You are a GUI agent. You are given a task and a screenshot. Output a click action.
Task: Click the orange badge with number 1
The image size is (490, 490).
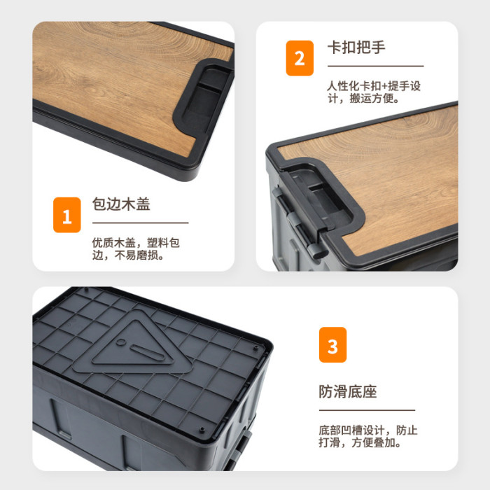[x=67, y=215]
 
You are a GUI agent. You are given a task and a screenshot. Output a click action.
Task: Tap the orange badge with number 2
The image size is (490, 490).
[x=300, y=58]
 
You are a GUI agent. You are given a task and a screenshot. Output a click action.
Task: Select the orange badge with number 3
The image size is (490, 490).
[x=332, y=344]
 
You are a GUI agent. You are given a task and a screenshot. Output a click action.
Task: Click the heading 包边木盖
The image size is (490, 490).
[x=121, y=204]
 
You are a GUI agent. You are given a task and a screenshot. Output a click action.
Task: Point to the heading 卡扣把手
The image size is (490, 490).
[x=356, y=48]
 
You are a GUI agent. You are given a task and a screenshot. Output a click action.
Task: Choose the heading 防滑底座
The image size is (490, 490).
[x=348, y=391]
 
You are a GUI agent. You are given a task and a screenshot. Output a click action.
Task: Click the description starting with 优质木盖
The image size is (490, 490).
[x=136, y=249]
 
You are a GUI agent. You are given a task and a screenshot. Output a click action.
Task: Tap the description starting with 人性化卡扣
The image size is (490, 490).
[x=374, y=92]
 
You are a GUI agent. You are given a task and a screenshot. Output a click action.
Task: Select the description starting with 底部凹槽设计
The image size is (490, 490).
[x=367, y=436]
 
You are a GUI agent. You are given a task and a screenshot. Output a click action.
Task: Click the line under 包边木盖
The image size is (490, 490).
[x=140, y=223]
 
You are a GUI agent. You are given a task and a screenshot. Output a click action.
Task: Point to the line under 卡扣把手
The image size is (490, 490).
[x=376, y=66]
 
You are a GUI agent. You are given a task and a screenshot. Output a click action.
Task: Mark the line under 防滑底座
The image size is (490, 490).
[x=367, y=410]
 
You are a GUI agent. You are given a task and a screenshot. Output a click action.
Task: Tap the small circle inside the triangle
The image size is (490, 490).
[x=121, y=342]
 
